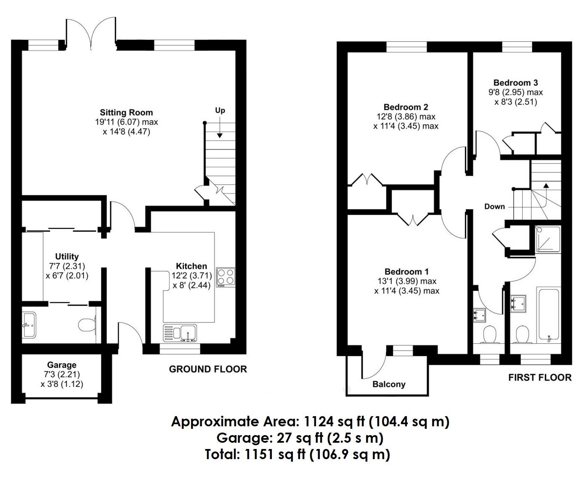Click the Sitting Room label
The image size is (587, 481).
126,112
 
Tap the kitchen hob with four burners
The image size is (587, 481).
226,277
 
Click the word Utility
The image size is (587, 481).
67,256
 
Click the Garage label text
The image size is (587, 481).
62,365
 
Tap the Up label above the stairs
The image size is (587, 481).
220,111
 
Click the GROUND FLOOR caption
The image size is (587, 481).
208,369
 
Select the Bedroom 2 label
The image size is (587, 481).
406,107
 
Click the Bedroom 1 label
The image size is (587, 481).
406,272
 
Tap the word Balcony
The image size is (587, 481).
389,384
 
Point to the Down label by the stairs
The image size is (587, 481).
494,207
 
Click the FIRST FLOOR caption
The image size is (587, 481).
540,377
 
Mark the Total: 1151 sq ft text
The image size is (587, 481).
297,454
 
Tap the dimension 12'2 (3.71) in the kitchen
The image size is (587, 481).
192,276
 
